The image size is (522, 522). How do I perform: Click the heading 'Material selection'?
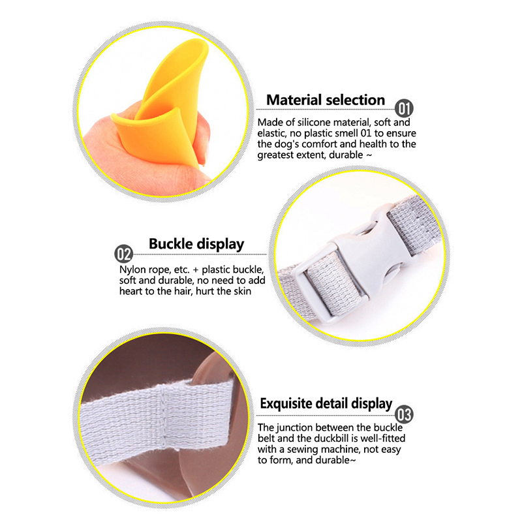coord(325,100)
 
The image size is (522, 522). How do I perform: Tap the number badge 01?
coord(404,108)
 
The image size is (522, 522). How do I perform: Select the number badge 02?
coord(123,254)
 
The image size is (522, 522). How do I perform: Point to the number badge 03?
coord(404,415)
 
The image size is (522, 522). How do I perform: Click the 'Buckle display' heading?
coord(196,244)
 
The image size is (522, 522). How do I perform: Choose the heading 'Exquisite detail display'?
coord(326,403)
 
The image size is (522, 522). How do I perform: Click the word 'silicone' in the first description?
coord(313,123)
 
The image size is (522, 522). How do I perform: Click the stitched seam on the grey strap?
coord(162,416)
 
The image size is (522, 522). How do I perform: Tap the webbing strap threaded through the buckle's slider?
coord(333,283)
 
